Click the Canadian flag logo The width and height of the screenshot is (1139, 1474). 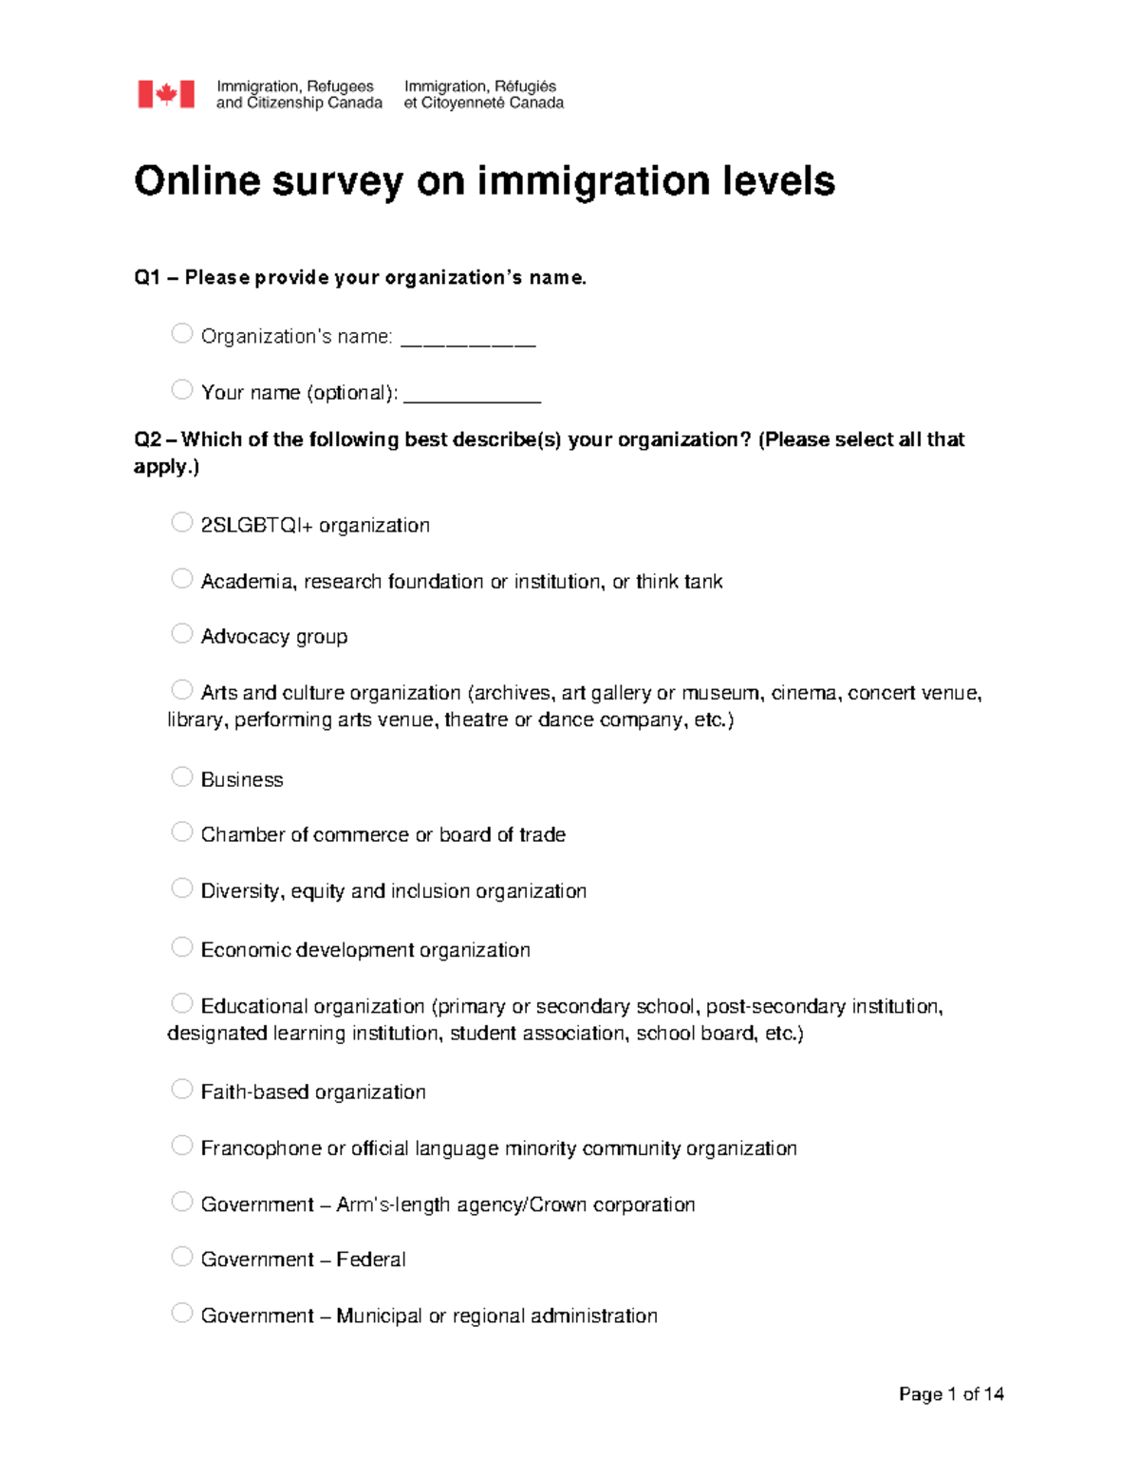(x=166, y=94)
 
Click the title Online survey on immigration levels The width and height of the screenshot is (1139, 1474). (x=484, y=180)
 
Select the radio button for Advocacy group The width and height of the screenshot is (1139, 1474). (x=182, y=633)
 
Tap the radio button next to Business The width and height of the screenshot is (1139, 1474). (x=182, y=776)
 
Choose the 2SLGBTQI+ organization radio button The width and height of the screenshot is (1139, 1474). (x=182, y=522)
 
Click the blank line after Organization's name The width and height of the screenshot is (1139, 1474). (x=468, y=340)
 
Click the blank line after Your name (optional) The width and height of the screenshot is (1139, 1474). (x=472, y=396)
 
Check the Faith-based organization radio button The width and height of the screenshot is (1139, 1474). (x=182, y=1089)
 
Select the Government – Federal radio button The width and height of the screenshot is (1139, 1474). (x=182, y=1257)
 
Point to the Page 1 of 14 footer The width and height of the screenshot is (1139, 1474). (x=951, y=1393)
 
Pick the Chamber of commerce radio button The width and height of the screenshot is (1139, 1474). (x=182, y=831)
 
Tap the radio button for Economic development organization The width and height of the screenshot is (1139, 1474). (x=182, y=947)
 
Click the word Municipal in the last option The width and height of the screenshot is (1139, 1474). (x=379, y=1315)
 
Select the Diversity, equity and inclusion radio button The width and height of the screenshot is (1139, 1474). (x=182, y=887)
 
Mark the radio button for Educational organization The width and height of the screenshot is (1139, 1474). (x=182, y=1003)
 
